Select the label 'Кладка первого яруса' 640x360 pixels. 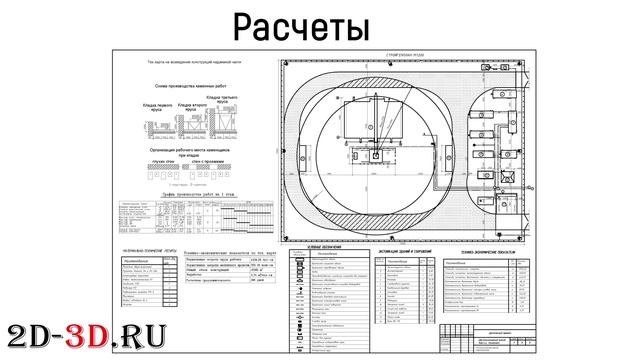pyautogui.click(x=162, y=106)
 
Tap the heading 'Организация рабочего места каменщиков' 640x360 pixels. pyautogui.click(x=186, y=147)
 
